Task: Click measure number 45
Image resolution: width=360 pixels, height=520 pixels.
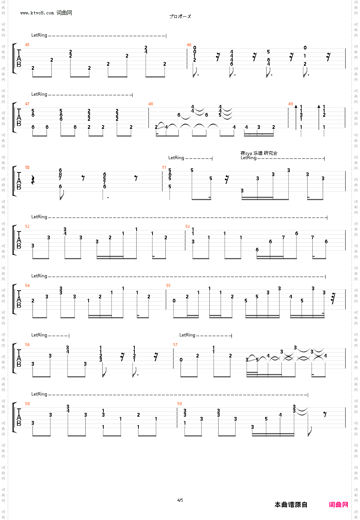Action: click(x=27, y=45)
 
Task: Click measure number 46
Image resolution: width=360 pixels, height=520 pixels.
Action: click(x=189, y=45)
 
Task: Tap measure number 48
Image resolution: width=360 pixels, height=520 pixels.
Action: click(x=151, y=104)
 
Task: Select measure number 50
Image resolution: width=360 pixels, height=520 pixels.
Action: click(x=27, y=168)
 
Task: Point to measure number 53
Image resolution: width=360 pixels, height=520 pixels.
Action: click(x=188, y=227)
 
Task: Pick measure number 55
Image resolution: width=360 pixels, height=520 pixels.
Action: click(x=168, y=286)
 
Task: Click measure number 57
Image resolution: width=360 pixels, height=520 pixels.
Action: click(x=175, y=345)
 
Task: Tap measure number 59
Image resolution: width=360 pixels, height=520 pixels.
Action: click(x=179, y=404)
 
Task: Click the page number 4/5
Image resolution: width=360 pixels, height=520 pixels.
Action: click(x=180, y=500)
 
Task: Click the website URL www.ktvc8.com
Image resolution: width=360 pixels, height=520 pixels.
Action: click(x=37, y=13)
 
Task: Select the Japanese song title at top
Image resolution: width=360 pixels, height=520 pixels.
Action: click(x=180, y=17)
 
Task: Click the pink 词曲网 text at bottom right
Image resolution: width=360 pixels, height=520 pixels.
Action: click(x=339, y=505)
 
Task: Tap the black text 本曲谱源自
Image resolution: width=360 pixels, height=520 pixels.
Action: click(x=291, y=505)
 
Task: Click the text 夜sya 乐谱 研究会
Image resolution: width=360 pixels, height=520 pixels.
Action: click(x=259, y=153)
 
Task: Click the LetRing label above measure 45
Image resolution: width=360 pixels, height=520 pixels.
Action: click(x=39, y=35)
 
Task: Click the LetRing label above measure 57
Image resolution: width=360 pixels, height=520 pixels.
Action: click(x=187, y=335)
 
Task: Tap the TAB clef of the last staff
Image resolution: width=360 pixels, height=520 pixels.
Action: click(x=19, y=417)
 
